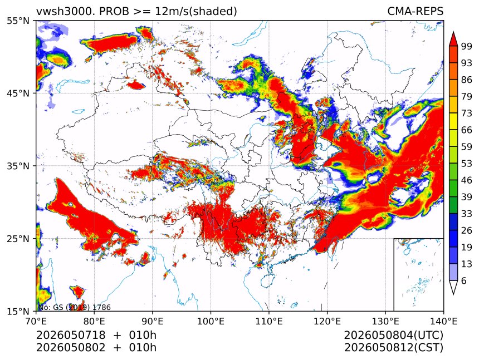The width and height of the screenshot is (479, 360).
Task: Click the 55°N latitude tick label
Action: click(18, 21)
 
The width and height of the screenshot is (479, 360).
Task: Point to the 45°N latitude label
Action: click(18, 93)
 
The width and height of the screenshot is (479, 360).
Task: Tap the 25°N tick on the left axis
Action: click(18, 238)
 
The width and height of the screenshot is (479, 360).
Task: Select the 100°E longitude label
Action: click(211, 321)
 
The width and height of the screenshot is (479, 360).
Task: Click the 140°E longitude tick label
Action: click(443, 321)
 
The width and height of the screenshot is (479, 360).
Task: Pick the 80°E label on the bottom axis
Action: click(94, 321)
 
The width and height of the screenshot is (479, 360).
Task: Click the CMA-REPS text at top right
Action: click(415, 12)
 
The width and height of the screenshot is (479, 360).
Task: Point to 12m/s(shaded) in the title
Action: click(196, 12)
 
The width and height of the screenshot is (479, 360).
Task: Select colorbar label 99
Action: click(467, 46)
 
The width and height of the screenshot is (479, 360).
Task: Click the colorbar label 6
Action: click(464, 280)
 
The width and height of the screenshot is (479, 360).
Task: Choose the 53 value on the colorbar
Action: click(467, 164)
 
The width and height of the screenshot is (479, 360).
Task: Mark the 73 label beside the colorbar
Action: click(467, 113)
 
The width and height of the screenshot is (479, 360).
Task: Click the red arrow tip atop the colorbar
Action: click(453, 32)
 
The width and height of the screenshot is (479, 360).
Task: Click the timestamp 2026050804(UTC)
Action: click(393, 335)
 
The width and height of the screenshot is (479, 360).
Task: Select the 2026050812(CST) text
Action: click(393, 348)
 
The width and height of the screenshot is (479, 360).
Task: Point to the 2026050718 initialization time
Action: click(71, 335)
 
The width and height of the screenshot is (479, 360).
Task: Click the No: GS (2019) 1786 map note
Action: click(74, 307)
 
